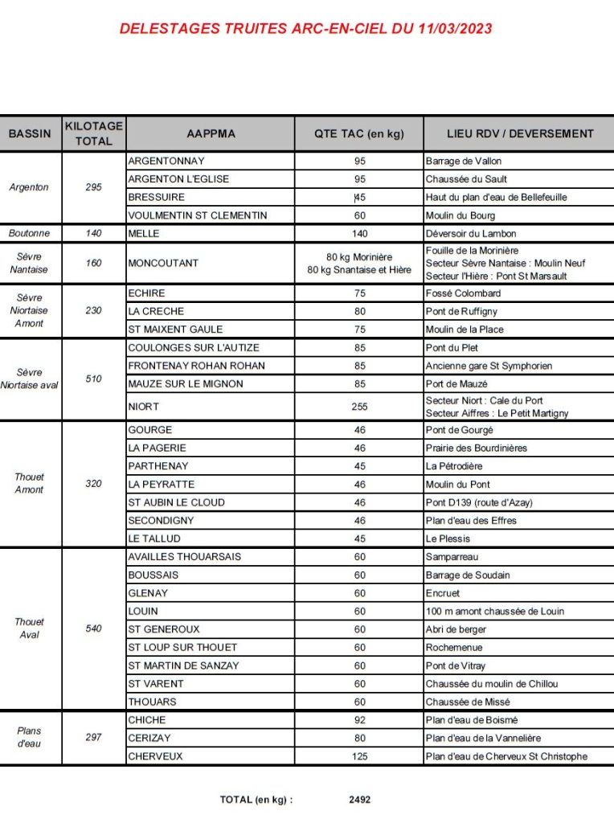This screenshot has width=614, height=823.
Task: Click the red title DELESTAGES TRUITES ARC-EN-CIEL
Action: [x=305, y=29]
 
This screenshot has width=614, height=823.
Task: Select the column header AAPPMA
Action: [x=211, y=134]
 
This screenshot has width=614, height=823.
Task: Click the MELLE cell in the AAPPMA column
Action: [x=145, y=234]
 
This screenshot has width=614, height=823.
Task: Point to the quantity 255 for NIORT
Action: [x=359, y=407]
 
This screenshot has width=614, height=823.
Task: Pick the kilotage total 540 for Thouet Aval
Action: [x=94, y=629]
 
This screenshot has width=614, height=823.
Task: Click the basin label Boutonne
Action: [x=30, y=234]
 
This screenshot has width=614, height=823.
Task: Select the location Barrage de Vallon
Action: [x=464, y=161]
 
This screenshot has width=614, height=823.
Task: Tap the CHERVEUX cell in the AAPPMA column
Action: [x=155, y=756]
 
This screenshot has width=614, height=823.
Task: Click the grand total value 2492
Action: [x=360, y=800]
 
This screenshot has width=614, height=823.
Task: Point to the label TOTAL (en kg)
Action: [x=256, y=800]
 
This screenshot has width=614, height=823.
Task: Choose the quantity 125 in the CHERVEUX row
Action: [x=359, y=756]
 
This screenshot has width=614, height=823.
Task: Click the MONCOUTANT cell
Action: [x=163, y=263]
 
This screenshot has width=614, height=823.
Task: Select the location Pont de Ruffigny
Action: [x=461, y=311]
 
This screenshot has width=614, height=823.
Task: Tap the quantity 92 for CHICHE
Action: [x=359, y=720]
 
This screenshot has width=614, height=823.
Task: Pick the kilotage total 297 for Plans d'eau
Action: [x=94, y=737]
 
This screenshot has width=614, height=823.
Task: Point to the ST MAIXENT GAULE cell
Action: [x=175, y=330]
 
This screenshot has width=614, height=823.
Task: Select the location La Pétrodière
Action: [x=454, y=466]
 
